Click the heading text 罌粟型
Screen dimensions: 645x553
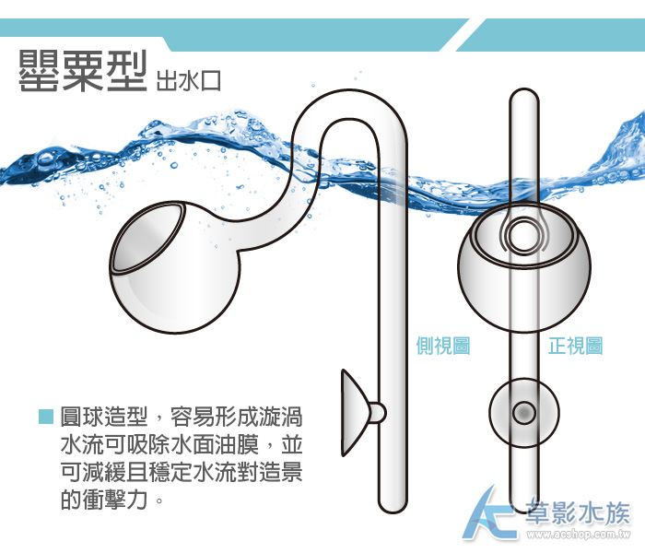pyautogui.click(x=83, y=71)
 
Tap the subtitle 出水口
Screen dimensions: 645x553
pyautogui.click(x=188, y=81)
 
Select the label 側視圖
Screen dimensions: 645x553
pyautogui.click(x=443, y=346)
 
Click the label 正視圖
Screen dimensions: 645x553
pyautogui.click(x=576, y=346)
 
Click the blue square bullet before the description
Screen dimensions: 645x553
pyautogui.click(x=46, y=417)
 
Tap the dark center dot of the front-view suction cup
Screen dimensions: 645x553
pyautogui.click(x=523, y=413)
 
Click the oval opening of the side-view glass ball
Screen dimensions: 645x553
pyautogui.click(x=148, y=238)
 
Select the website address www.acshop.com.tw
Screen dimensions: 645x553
pyautogui.click(x=580, y=535)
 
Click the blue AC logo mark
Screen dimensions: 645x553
pyautogui.click(x=490, y=514)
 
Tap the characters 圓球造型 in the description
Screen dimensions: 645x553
pyautogui.click(x=103, y=417)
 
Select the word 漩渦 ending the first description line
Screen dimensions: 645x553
pyautogui.click(x=281, y=417)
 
